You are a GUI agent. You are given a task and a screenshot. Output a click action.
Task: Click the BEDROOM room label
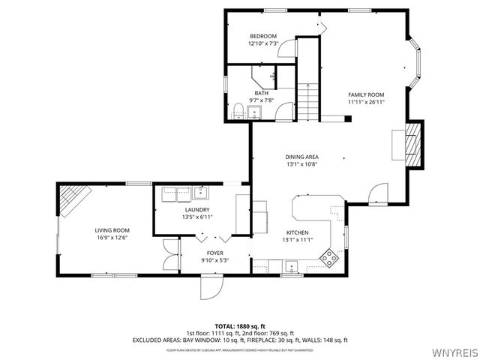pos(263,36)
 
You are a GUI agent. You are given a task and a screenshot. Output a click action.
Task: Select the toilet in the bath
pos(238,111)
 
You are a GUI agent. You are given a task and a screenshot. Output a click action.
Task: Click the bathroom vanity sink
pos(254,113)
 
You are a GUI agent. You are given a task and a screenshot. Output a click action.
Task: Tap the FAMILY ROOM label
pos(366,94)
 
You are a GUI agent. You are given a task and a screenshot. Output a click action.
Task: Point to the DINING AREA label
pos(302,157)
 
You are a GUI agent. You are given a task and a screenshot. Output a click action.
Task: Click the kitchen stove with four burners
pos(329,257)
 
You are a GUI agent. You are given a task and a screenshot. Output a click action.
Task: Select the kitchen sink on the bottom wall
pos(289,265)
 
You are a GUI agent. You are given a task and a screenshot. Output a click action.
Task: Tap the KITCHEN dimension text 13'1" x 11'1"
pos(298,240)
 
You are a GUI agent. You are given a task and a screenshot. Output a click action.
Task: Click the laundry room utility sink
pos(199,191)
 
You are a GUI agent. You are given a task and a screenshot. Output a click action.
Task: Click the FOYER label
pos(215,253)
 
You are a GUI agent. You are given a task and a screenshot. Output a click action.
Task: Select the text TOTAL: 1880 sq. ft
pos(240,326)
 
